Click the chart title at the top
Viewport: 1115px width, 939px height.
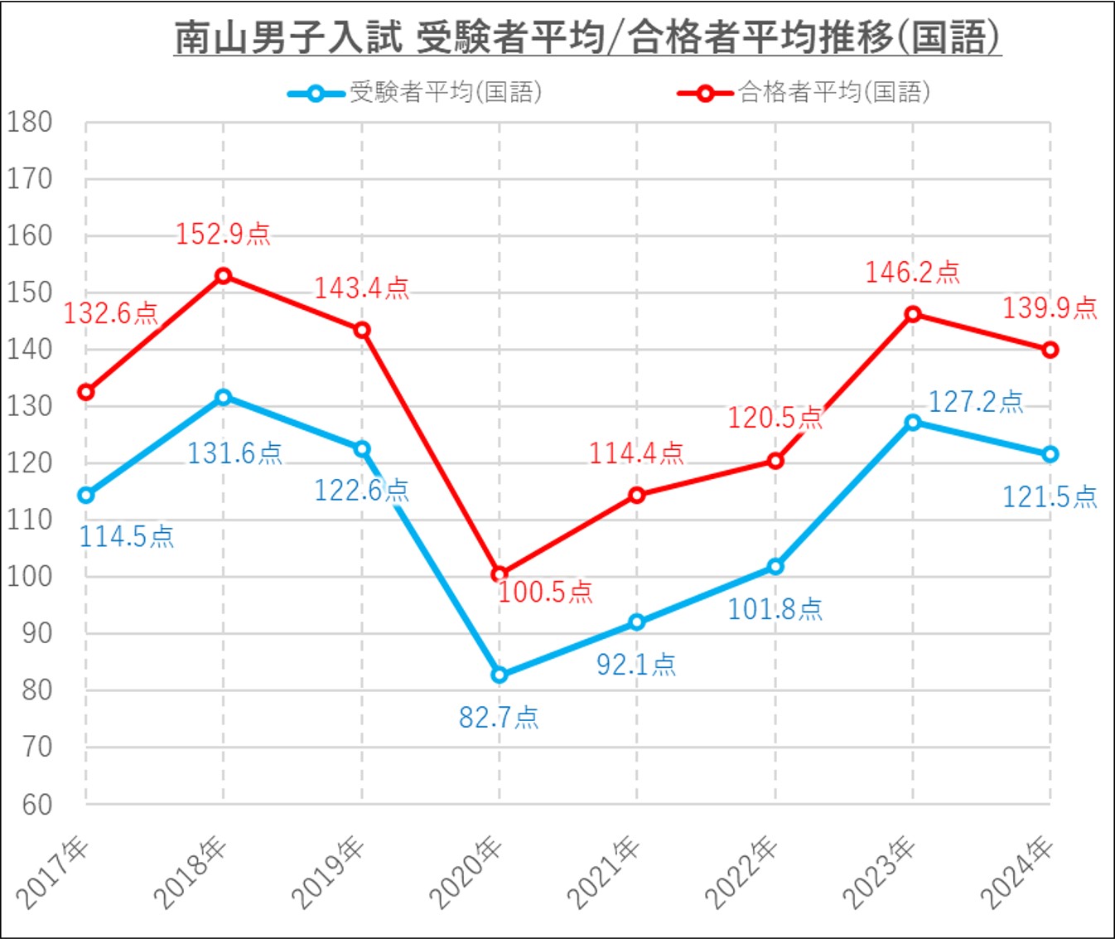point(587,37)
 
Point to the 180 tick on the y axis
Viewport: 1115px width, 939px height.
point(30,123)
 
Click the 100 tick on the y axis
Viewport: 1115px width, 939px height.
point(30,576)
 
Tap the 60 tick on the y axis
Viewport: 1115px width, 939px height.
point(37,804)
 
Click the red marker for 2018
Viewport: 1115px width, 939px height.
point(223,276)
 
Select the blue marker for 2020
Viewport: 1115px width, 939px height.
point(499,675)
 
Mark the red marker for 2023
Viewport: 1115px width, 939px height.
point(913,314)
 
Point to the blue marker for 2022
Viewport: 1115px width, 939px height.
point(775,567)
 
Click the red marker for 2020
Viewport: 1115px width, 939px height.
point(499,574)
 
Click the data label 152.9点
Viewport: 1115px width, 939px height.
point(223,234)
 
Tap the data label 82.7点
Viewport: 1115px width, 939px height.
point(499,717)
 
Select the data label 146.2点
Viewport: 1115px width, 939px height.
point(913,272)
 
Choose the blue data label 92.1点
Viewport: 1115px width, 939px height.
point(636,664)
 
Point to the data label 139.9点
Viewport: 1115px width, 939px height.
point(1050,308)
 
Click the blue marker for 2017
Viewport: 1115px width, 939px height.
point(85,495)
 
